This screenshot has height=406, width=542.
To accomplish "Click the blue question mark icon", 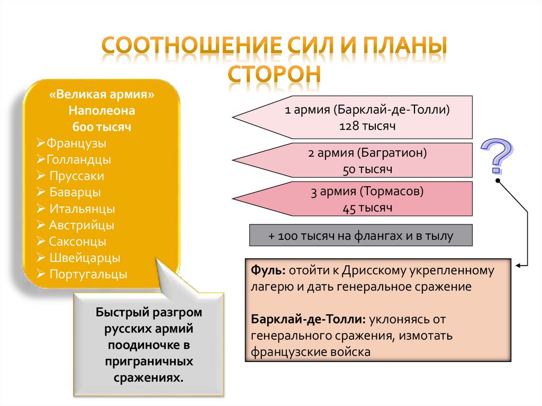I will [498, 156].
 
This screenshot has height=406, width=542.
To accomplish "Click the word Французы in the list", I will [76, 143].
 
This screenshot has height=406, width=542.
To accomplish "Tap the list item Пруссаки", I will [77, 176].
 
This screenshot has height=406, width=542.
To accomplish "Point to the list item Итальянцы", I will [82, 209].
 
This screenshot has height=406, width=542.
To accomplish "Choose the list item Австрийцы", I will [82, 225].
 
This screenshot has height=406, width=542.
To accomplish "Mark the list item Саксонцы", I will [78, 242].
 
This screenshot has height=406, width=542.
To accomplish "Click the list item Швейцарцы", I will [85, 258].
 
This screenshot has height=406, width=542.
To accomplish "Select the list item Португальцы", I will [88, 275].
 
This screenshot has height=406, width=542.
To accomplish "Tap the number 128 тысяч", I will [368, 127].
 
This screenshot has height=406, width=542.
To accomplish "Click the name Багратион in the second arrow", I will [391, 154].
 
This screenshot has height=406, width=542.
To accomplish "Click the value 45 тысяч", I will [368, 208].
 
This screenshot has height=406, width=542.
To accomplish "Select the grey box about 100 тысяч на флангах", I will [361, 236].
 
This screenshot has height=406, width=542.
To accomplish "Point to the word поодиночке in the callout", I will [149, 346].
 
